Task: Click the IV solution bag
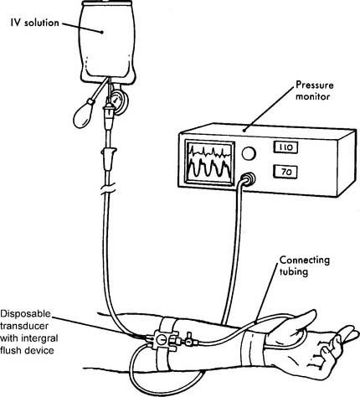pyautogui.click(x=107, y=42)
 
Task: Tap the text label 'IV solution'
pyautogui.click(x=35, y=23)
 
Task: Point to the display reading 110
pyautogui.click(x=285, y=147)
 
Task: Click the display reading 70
pyautogui.click(x=285, y=172)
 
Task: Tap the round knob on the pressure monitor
pyautogui.click(x=249, y=153)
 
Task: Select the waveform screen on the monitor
pyautogui.click(x=209, y=162)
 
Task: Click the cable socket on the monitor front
pyautogui.click(x=247, y=178)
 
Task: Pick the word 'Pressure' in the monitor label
pyautogui.click(x=315, y=85)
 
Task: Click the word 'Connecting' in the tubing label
pyautogui.click(x=305, y=260)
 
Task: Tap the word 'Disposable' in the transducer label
pyautogui.click(x=25, y=314)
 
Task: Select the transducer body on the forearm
pyautogui.click(x=162, y=340)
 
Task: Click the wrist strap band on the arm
pyautogui.click(x=253, y=347)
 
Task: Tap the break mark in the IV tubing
pyautogui.click(x=107, y=189)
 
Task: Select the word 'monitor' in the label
pyautogui.click(x=312, y=97)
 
